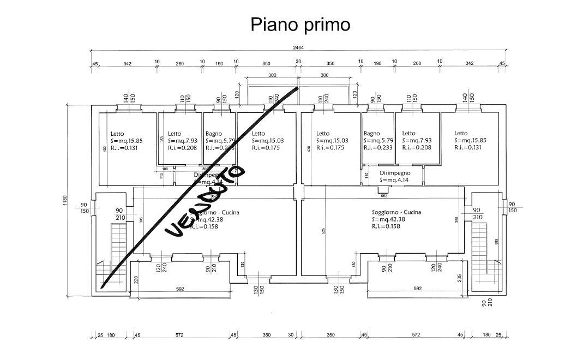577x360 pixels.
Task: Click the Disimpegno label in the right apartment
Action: point(395,172)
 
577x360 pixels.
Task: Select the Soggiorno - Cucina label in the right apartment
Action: point(396,212)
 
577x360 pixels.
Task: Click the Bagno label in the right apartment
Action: point(371,134)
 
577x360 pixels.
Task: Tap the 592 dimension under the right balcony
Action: point(418,289)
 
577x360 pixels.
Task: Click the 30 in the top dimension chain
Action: point(298,62)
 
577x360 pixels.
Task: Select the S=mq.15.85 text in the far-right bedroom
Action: point(470,140)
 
